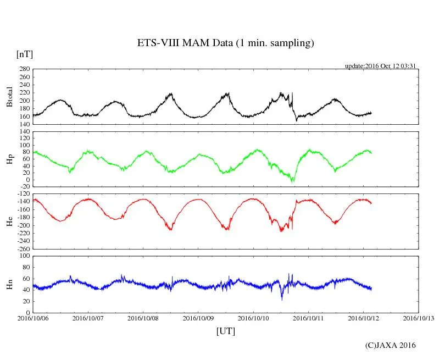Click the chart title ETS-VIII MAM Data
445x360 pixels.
click(225, 43)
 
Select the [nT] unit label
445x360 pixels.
click(24, 54)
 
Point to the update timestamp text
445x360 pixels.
click(380, 66)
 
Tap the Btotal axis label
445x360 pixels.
click(9, 97)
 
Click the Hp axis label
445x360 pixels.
click(9, 159)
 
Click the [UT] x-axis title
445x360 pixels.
click(226, 331)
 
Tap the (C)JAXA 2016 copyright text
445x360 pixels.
click(391, 345)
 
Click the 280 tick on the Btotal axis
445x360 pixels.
click(24, 69)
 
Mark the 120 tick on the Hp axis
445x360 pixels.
click(24, 132)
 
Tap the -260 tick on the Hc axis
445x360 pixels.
click(22, 248)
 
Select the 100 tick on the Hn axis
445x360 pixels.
click(24, 256)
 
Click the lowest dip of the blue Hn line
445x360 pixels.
click(282, 299)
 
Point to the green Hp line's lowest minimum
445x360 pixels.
click(293, 181)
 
